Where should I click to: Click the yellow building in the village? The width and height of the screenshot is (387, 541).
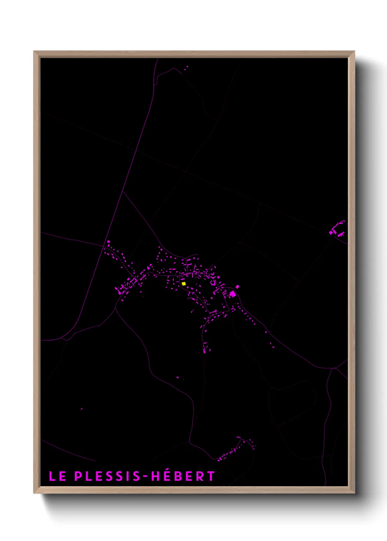click(184, 283)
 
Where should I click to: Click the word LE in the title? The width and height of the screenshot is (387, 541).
click(57, 476)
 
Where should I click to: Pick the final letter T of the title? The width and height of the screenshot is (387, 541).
click(211, 476)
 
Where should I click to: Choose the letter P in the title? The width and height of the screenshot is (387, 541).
click(78, 476)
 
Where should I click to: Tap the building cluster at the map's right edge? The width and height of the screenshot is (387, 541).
click(337, 230)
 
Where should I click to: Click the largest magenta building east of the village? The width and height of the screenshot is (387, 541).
click(233, 294)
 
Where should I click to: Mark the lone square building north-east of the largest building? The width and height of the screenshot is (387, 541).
click(237, 287)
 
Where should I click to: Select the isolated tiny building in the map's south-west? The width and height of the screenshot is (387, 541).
click(81, 409)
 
